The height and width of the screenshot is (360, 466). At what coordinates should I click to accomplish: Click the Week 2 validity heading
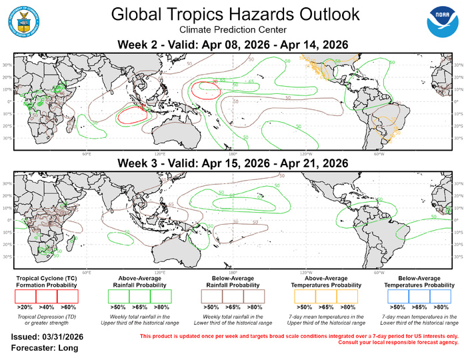coord(233,45)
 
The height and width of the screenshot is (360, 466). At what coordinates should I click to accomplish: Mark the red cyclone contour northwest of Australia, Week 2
coord(132,115)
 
